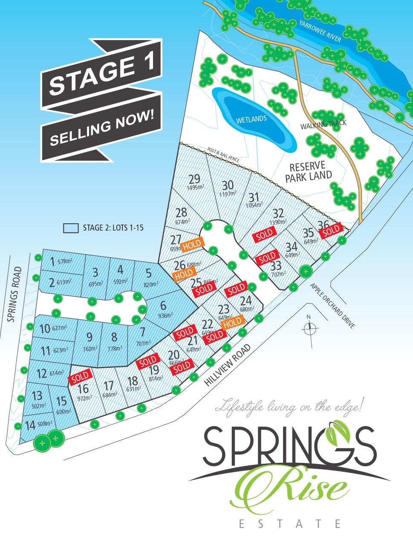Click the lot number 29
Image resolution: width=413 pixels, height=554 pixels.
tap(194, 179)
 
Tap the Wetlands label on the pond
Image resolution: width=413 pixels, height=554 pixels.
tap(251, 119)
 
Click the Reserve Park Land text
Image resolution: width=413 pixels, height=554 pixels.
tap(308, 171)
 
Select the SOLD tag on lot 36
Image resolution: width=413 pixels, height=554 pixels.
tap(332, 230)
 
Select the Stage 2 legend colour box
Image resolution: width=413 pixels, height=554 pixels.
tap(71, 228)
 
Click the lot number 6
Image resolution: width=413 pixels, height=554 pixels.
tap(163, 306)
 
